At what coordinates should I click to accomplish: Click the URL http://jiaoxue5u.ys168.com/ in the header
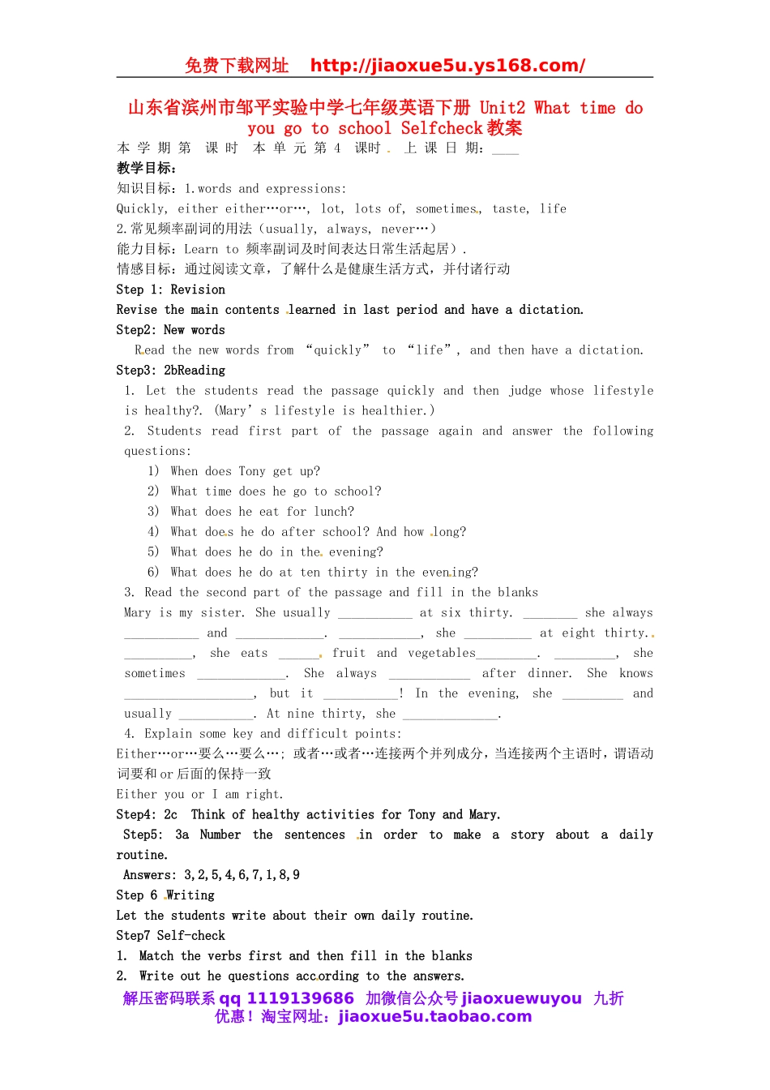[x=447, y=66]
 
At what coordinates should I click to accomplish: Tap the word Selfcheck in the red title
[x=442, y=128]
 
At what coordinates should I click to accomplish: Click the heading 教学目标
[x=146, y=168]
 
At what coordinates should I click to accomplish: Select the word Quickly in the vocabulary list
[x=141, y=208]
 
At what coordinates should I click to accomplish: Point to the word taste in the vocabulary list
[x=510, y=208]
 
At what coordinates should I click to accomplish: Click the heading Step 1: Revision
[x=170, y=290]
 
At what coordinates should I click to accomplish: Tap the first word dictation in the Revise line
[x=550, y=310]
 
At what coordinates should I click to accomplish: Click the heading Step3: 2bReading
[x=170, y=371]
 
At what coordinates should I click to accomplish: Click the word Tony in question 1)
[x=252, y=471]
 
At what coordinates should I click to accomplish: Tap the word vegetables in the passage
[x=442, y=653]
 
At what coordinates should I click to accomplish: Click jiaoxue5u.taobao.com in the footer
[x=434, y=1017]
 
